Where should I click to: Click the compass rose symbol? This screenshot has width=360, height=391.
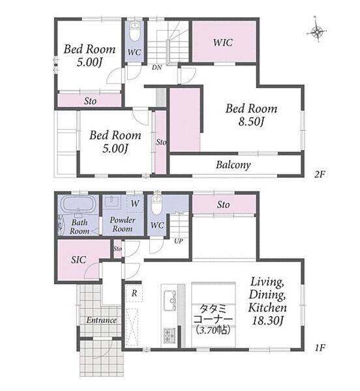tap(317, 32)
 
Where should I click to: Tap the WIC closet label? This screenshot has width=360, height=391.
tap(223, 42)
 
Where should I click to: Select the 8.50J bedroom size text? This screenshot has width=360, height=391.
tap(251, 122)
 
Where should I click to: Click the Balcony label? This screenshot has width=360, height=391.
tap(233, 165)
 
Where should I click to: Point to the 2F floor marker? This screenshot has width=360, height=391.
tap(320, 174)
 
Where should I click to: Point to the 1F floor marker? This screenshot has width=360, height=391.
tap(320, 347)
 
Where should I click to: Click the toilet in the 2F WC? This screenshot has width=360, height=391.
tap(135, 32)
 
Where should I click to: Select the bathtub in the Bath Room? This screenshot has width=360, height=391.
tap(78, 203)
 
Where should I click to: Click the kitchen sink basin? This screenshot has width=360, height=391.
tap(170, 300)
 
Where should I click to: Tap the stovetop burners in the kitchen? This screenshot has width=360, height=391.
tap(170, 336)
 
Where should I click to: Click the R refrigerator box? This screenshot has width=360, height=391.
tap(134, 293)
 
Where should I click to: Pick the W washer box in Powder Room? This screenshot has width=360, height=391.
tap(135, 203)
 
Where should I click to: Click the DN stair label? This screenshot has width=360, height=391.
tap(157, 67)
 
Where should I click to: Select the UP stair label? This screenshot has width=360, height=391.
tap(179, 241)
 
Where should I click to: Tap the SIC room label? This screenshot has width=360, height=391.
tap(78, 260)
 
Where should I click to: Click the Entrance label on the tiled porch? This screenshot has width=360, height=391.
tap(101, 320)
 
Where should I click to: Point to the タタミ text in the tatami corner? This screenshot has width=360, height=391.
tap(213, 309)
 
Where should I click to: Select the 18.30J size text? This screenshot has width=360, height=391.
tap(267, 321)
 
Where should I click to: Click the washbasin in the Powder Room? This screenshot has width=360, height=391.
tap(113, 201)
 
